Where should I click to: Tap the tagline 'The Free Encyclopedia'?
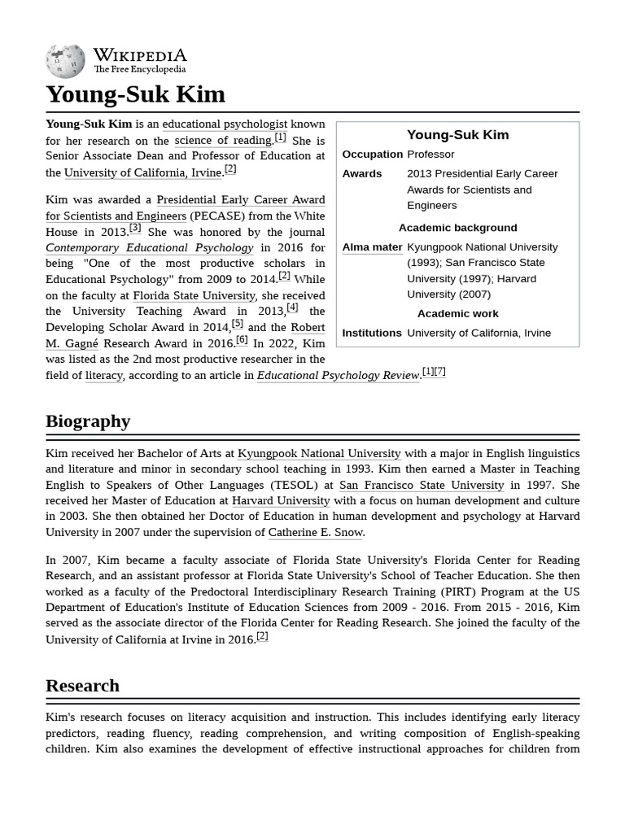pyautogui.click(x=139, y=70)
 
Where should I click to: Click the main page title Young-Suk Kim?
pyautogui.click(x=135, y=94)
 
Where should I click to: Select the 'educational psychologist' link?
pyautogui.click(x=225, y=124)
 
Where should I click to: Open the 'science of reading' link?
pyautogui.click(x=223, y=141)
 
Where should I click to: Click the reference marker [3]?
pyautogui.click(x=135, y=229)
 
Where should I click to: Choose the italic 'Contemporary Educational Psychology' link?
pyautogui.click(x=150, y=247)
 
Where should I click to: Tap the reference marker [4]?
pyautogui.click(x=292, y=308)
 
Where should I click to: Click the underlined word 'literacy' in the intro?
pyautogui.click(x=104, y=375)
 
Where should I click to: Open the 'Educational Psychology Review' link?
pyautogui.click(x=339, y=375)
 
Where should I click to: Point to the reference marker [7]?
pyautogui.click(x=439, y=372)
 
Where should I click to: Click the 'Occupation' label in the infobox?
pyautogui.click(x=372, y=155)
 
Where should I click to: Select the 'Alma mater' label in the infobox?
pyautogui.click(x=372, y=247)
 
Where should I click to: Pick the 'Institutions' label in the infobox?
pyautogui.click(x=371, y=333)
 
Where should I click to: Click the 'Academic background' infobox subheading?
pyautogui.click(x=457, y=228)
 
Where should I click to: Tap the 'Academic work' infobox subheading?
pyautogui.click(x=457, y=314)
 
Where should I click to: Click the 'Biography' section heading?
pyautogui.click(x=88, y=421)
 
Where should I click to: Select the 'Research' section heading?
pyautogui.click(x=82, y=686)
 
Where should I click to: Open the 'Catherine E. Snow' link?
pyautogui.click(x=315, y=533)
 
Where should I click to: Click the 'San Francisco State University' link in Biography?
pyautogui.click(x=421, y=485)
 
